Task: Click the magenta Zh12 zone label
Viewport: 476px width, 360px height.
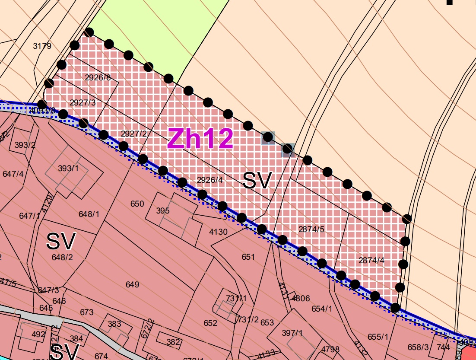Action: [x=200, y=139]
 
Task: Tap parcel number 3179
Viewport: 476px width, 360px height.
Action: [x=42, y=46]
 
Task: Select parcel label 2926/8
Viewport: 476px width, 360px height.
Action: [x=98, y=78]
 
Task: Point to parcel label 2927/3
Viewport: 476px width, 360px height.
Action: [x=83, y=102]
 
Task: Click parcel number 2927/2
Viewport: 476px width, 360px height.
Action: [x=134, y=134]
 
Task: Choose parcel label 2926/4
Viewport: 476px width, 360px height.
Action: [x=209, y=180]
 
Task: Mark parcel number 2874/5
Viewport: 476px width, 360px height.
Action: [x=311, y=229]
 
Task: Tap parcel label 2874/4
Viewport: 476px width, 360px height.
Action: [x=371, y=260]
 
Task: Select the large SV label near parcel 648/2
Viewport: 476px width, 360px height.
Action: [x=61, y=241]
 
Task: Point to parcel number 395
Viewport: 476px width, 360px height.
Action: [x=163, y=211]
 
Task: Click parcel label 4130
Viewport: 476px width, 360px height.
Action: [x=218, y=232]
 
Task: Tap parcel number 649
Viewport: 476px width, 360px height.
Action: [x=132, y=284]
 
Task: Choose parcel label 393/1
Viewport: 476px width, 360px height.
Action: [x=68, y=168]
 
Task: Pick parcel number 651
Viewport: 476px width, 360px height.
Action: [x=248, y=257]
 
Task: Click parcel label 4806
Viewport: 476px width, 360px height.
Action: [x=301, y=298]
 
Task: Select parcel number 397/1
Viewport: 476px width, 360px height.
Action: [x=292, y=333]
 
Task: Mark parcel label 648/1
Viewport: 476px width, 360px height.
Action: [x=89, y=214]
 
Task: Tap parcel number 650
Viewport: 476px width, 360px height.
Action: [x=137, y=204]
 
